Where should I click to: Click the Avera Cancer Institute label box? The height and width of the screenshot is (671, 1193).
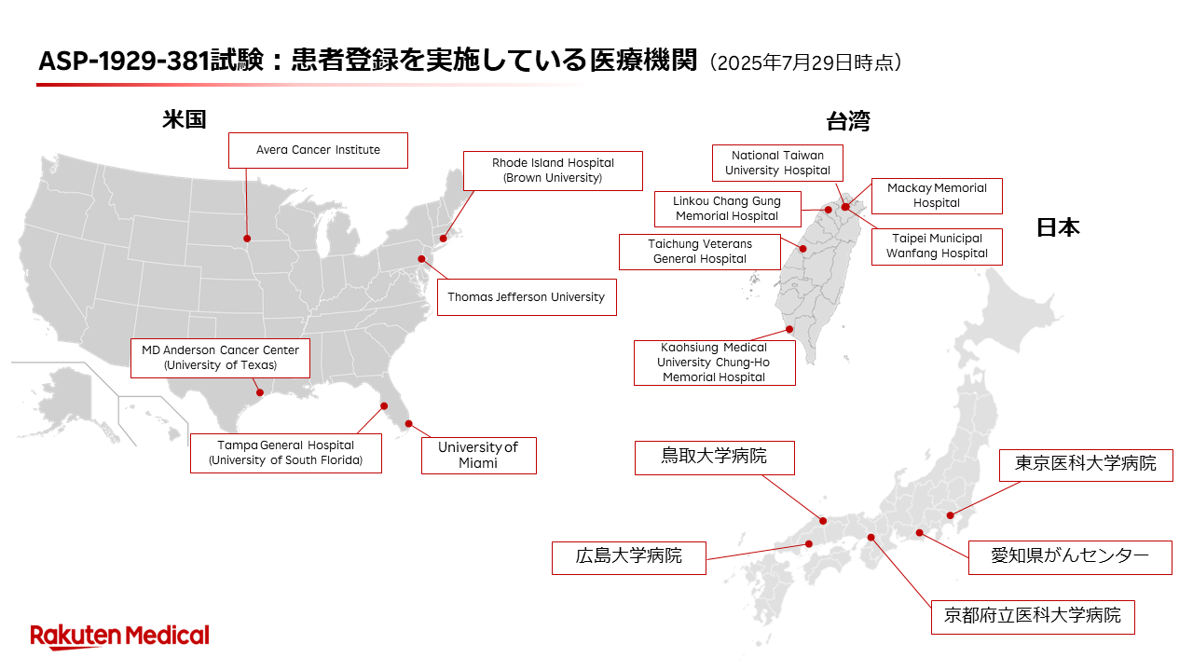coord(318,150)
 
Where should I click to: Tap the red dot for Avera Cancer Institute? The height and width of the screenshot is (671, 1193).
coord(247,239)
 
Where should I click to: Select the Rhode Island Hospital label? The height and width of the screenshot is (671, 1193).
coord(553,171)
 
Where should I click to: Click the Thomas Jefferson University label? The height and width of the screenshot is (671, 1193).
coord(527,297)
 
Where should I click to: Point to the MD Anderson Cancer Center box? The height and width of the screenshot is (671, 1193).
coord(220,358)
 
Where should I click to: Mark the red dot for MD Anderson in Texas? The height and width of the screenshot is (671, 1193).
coord(260,392)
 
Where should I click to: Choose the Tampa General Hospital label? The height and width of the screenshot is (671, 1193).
coord(286,453)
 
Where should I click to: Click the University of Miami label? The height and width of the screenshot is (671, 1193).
coord(479,456)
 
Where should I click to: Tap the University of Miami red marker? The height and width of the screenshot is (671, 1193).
coord(408,424)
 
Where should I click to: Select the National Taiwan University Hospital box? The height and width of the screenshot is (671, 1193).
coord(777,163)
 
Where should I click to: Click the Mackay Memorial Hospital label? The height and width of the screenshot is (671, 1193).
coord(937,196)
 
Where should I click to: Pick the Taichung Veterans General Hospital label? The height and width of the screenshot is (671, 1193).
coord(700,252)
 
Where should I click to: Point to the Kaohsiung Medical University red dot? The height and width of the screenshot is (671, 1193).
coord(789,329)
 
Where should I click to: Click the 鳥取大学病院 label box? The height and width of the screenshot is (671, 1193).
coord(715,458)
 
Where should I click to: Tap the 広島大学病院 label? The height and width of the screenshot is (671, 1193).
coord(629,558)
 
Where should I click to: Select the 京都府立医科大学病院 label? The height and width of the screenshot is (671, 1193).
coord(1033,617)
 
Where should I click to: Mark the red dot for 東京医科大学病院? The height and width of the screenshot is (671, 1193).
coord(950,515)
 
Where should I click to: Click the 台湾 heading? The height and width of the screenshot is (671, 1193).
coord(848,121)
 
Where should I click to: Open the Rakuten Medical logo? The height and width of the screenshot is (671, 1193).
coord(120,637)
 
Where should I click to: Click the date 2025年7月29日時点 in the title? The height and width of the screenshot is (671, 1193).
coord(804,62)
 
